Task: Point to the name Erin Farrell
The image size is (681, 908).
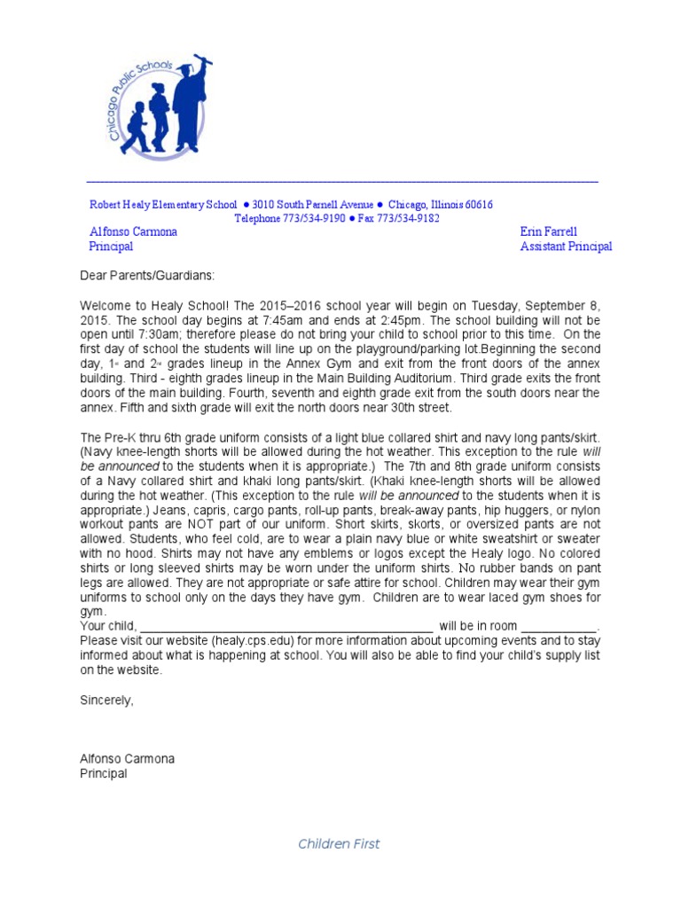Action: point(548,231)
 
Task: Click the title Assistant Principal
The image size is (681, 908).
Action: point(566,247)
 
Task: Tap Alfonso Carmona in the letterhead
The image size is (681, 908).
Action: point(133,231)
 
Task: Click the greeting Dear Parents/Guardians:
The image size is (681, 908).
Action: point(147,277)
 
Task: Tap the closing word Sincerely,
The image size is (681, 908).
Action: point(107,701)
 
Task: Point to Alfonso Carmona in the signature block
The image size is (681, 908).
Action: point(128,759)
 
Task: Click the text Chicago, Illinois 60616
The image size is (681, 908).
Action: point(440,204)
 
